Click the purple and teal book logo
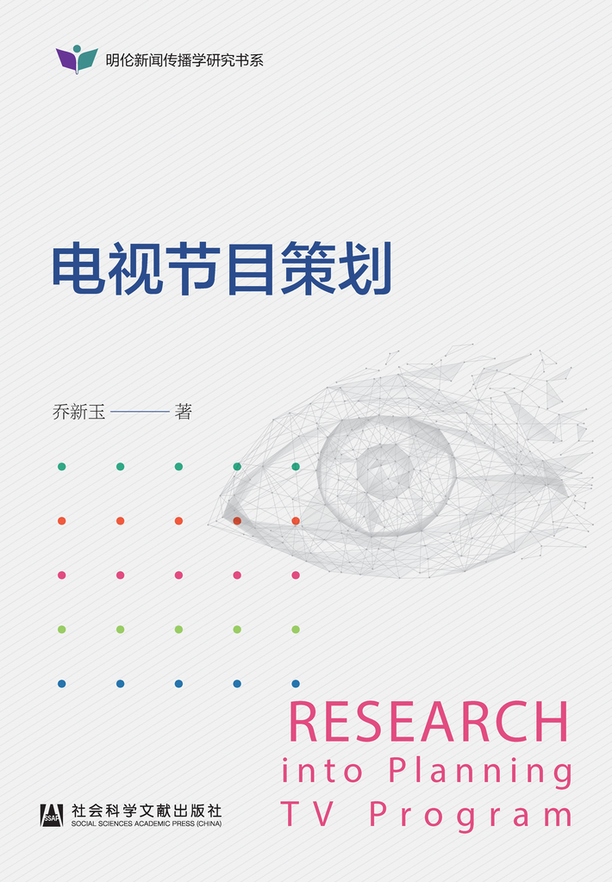[77, 59]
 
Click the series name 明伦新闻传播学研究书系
[184, 60]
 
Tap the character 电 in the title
[79, 269]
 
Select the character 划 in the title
[365, 269]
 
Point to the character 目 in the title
[250, 269]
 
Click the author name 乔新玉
[78, 412]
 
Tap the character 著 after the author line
[184, 412]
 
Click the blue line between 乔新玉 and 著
[141, 412]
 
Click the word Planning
[481, 772]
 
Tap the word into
[322, 770]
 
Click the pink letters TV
[308, 813]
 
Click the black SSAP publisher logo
[52, 815]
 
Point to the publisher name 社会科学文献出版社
[147, 811]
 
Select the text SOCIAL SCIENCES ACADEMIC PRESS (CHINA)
[147, 823]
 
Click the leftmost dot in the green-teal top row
[62, 466]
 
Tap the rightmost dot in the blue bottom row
[296, 684]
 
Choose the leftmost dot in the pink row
[62, 575]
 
